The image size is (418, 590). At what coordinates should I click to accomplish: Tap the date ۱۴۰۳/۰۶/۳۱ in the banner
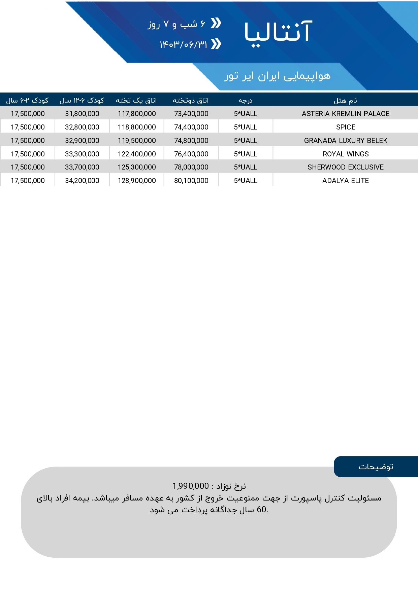click(184, 44)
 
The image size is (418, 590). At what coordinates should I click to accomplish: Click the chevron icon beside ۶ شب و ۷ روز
click(216, 23)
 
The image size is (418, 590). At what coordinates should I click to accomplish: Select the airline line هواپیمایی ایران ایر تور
click(278, 76)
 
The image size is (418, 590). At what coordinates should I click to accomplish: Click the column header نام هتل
click(345, 100)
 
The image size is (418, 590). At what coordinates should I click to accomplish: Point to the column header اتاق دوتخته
click(191, 100)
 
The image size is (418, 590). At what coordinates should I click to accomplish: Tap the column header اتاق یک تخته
click(136, 100)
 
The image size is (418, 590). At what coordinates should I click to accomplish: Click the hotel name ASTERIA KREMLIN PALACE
click(345, 114)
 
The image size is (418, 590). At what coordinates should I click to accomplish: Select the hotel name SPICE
click(346, 127)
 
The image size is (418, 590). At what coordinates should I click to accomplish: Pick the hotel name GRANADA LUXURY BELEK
click(346, 141)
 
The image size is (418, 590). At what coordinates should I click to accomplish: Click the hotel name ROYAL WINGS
click(346, 154)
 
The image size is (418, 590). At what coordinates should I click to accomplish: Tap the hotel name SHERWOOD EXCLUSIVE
click(346, 167)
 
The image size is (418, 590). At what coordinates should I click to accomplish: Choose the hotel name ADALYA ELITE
click(346, 181)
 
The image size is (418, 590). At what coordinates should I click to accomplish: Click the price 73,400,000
click(191, 114)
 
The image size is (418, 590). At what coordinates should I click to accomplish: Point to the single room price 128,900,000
click(137, 181)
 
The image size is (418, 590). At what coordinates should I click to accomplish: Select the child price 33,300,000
click(82, 154)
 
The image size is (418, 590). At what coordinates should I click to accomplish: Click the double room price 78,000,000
click(191, 167)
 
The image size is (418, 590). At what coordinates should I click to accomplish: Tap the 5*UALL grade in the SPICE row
click(246, 127)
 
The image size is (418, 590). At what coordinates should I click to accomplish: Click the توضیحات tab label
click(376, 467)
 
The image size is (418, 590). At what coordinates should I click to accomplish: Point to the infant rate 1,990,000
click(191, 486)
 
